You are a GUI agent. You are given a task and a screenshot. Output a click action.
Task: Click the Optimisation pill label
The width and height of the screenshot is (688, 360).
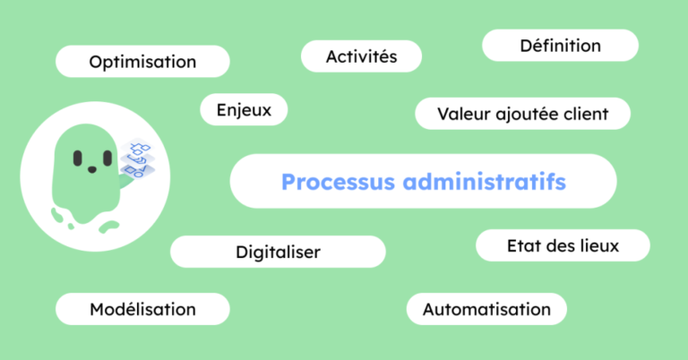click(142, 62)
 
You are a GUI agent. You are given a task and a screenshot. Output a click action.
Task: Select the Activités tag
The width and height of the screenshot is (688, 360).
click(361, 56)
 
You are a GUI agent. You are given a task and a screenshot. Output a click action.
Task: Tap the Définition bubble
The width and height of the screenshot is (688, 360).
click(560, 45)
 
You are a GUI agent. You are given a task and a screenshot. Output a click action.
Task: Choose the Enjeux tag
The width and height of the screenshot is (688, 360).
click(244, 109)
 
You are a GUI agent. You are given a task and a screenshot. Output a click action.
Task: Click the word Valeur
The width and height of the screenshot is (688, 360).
click(463, 114)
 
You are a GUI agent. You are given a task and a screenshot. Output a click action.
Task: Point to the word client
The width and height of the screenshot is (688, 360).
click(586, 114)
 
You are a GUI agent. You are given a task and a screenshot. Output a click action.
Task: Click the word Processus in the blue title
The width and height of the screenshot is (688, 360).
click(338, 182)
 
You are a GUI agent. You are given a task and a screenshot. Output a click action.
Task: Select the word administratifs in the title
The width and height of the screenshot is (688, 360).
click(485, 182)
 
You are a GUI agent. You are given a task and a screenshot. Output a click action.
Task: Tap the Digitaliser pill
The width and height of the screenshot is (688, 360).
click(279, 252)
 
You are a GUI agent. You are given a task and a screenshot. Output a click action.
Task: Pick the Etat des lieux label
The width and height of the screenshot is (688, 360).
click(563, 245)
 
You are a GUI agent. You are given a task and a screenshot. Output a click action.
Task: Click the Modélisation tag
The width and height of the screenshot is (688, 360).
click(142, 309)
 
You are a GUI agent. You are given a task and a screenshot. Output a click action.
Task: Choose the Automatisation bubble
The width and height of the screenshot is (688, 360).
click(486, 309)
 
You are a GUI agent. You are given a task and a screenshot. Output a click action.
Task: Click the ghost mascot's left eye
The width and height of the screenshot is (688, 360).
click(78, 159)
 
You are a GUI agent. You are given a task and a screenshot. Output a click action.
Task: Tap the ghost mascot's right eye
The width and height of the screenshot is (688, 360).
click(107, 159)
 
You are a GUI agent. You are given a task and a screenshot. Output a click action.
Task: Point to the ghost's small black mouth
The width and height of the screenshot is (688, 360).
click(92, 169)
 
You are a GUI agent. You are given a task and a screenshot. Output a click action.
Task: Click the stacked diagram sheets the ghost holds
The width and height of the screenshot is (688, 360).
click(137, 159)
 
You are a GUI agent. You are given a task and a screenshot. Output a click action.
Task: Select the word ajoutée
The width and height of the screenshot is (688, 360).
click(527, 114)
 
